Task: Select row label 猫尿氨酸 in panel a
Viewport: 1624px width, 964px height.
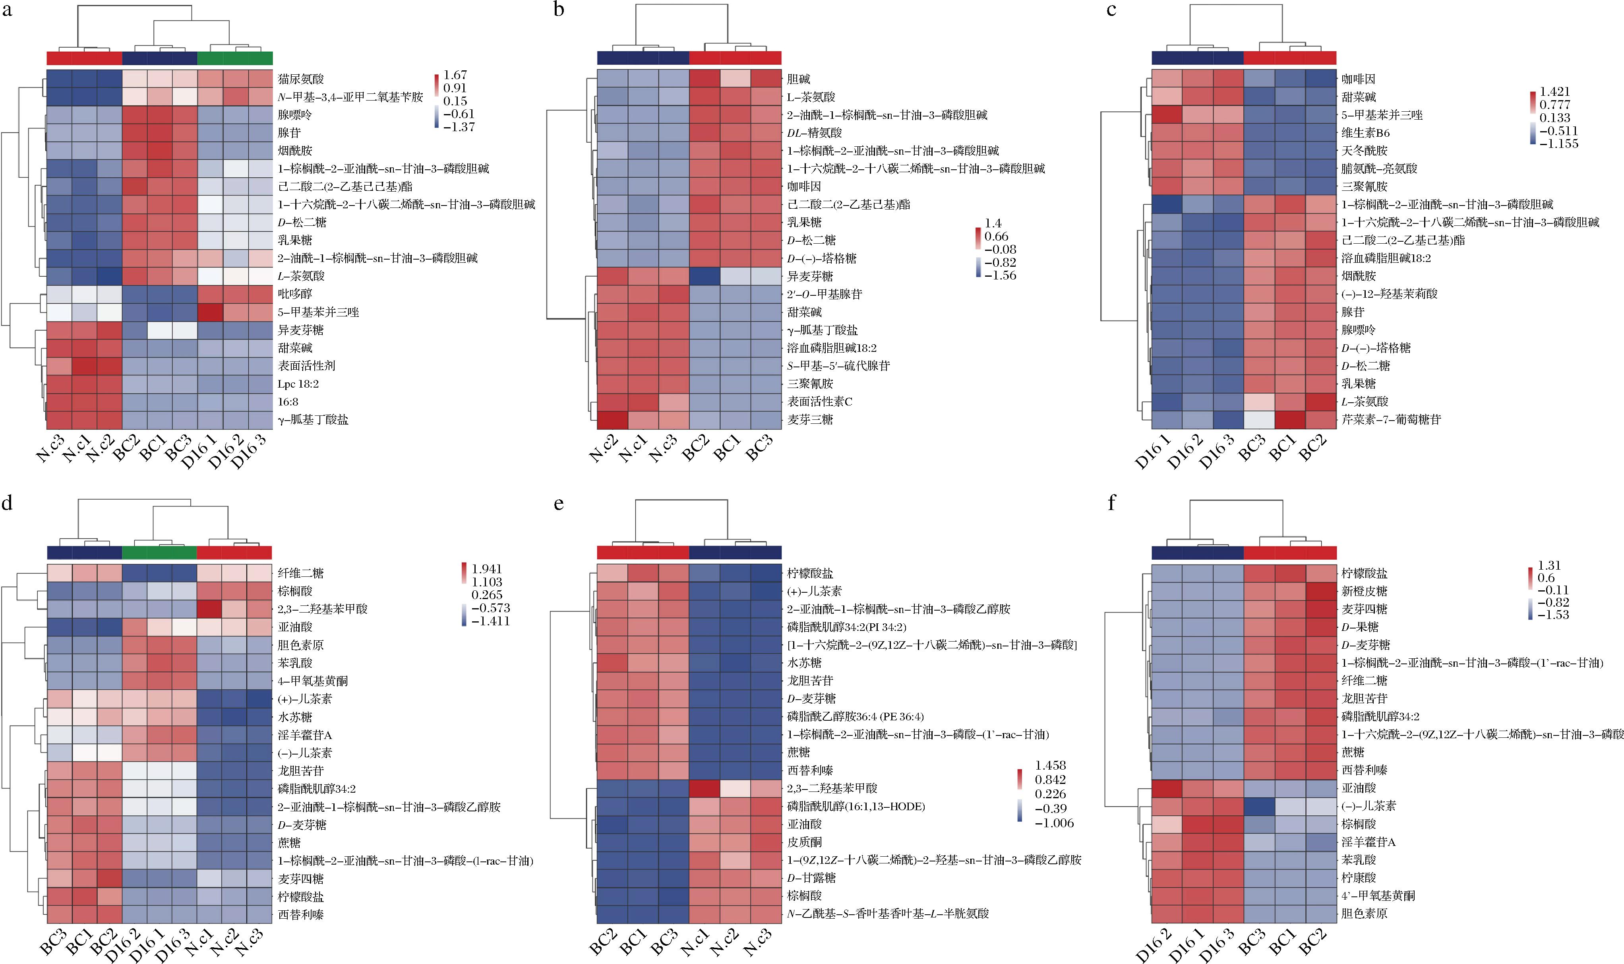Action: (x=301, y=79)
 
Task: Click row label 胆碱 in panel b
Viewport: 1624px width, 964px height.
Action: (x=799, y=79)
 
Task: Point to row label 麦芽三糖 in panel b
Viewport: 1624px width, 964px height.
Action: (x=810, y=420)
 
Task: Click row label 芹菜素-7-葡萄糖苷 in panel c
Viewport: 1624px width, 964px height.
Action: (x=1391, y=420)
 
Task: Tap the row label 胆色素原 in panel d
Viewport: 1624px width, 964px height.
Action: (x=301, y=645)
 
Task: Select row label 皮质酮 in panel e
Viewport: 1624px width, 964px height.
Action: (x=805, y=842)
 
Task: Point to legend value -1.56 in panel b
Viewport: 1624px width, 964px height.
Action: (x=1001, y=275)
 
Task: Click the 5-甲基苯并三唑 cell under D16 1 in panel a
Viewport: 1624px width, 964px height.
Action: (x=210, y=312)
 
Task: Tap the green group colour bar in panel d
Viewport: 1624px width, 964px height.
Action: (x=159, y=552)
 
